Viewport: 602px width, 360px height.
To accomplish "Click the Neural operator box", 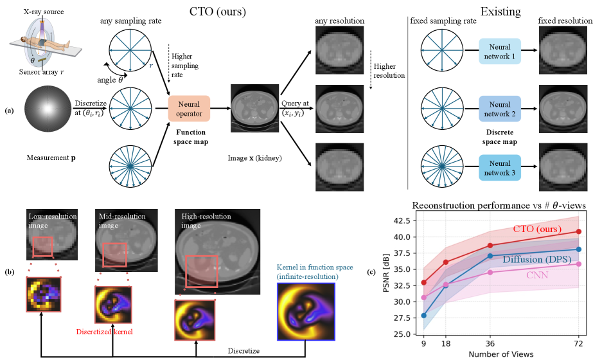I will (x=189, y=107).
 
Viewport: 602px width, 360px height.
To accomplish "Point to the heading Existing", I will (x=501, y=11).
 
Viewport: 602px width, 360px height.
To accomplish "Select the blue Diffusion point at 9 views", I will (x=423, y=316).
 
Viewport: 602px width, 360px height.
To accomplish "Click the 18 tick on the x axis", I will (x=445, y=343).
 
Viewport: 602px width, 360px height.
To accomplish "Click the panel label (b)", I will (x=9, y=272).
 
